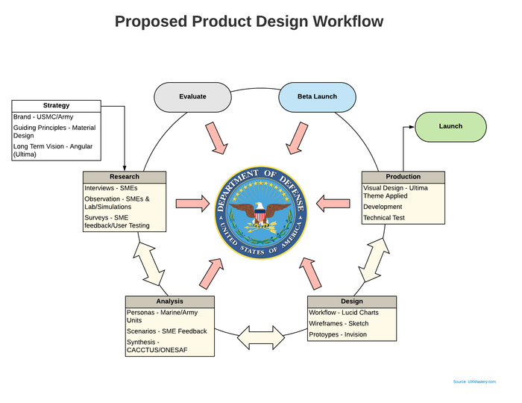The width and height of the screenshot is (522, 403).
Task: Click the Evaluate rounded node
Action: (x=192, y=97)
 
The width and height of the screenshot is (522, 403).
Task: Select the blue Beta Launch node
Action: (x=317, y=97)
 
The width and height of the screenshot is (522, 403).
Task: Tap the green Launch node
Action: (x=450, y=127)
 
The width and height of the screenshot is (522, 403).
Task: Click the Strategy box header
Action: (x=56, y=105)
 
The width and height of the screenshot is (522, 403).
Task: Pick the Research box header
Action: (x=125, y=177)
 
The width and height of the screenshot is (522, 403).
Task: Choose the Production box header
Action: (x=403, y=177)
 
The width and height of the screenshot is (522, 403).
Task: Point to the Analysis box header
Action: (x=170, y=302)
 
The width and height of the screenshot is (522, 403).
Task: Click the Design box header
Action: (x=352, y=302)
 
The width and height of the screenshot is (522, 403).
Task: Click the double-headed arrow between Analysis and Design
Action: (x=261, y=337)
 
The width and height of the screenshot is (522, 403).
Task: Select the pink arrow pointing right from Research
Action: (x=192, y=203)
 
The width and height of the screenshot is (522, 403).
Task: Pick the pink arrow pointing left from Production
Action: (x=333, y=203)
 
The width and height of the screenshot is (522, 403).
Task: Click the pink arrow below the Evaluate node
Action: (x=216, y=138)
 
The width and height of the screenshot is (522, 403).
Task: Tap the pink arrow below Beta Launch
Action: (x=297, y=138)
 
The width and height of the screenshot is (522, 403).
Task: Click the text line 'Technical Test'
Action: (x=384, y=218)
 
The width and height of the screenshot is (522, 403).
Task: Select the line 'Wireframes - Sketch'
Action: (x=339, y=323)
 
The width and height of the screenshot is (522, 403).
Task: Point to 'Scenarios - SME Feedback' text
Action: (x=167, y=331)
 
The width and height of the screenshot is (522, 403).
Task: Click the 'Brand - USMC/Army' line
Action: (x=43, y=117)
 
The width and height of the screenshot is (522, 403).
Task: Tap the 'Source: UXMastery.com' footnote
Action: (x=474, y=381)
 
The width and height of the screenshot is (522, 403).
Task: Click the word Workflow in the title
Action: (x=348, y=22)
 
